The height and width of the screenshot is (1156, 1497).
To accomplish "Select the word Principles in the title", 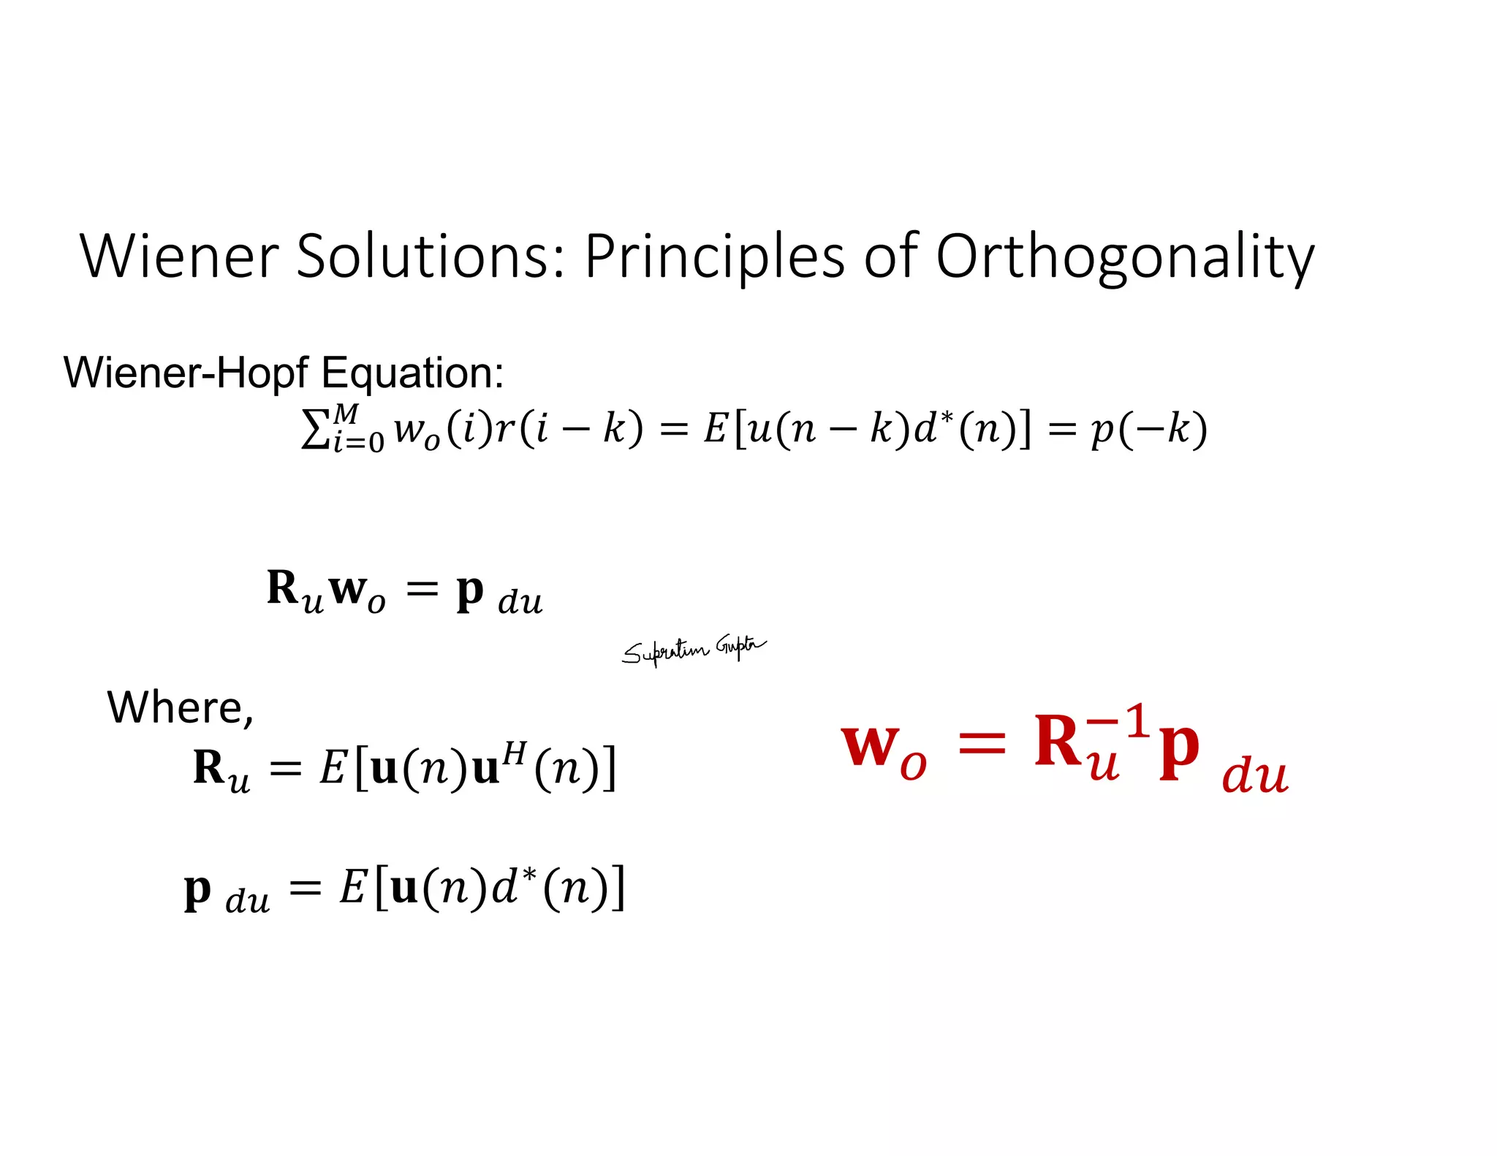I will click(714, 257).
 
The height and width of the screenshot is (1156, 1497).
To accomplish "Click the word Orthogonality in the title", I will click(1125, 257).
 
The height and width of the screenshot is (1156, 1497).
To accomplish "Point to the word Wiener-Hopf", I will click(186, 373).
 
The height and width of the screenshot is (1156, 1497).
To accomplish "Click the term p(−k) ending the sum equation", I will click(1148, 429).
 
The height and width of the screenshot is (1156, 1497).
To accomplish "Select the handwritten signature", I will click(693, 650).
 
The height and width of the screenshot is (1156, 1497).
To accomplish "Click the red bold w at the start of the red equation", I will click(869, 745).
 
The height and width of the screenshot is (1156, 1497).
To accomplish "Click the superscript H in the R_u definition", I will click(515, 752).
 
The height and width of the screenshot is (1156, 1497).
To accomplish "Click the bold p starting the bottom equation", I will click(197, 889).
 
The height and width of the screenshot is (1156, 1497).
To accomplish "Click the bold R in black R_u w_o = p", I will click(282, 587).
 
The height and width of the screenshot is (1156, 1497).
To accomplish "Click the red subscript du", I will click(1254, 776).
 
